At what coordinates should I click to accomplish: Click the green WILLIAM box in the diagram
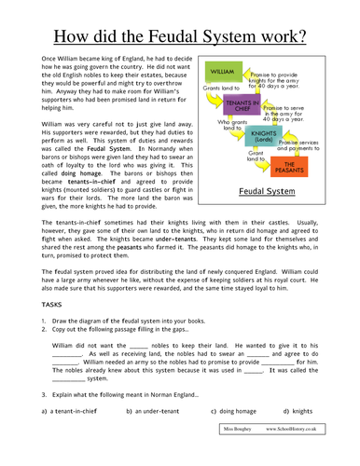[x=223, y=71]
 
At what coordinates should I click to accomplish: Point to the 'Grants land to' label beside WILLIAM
[x=222, y=88]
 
